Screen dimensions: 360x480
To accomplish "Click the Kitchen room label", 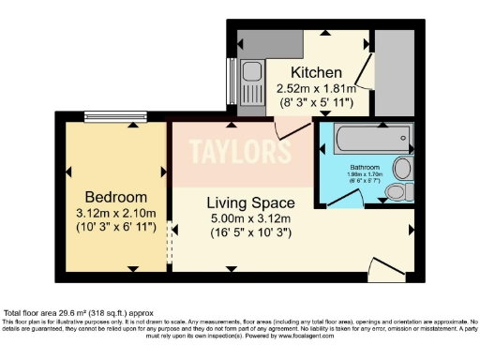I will pos(315,73).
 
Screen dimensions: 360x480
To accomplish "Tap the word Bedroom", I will pos(116,197).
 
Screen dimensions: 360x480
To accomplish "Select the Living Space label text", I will pos(250,202).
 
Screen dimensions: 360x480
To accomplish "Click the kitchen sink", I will pos(252,77).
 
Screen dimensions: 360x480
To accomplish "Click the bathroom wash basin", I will pos(402,169).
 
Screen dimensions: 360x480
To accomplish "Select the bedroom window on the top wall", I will pos(113,117).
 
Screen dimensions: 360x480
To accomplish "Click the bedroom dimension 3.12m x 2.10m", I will pos(116,214).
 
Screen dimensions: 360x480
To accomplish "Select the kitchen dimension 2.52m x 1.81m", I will pos(315,89).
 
